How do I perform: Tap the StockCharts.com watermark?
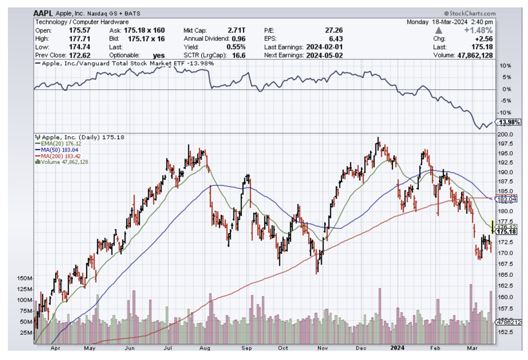pyautogui.click(x=470, y=14)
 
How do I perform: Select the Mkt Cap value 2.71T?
pyautogui.click(x=237, y=30)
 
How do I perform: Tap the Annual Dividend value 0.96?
pyautogui.click(x=238, y=39)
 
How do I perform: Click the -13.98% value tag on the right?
pyautogui.click(x=510, y=122)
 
